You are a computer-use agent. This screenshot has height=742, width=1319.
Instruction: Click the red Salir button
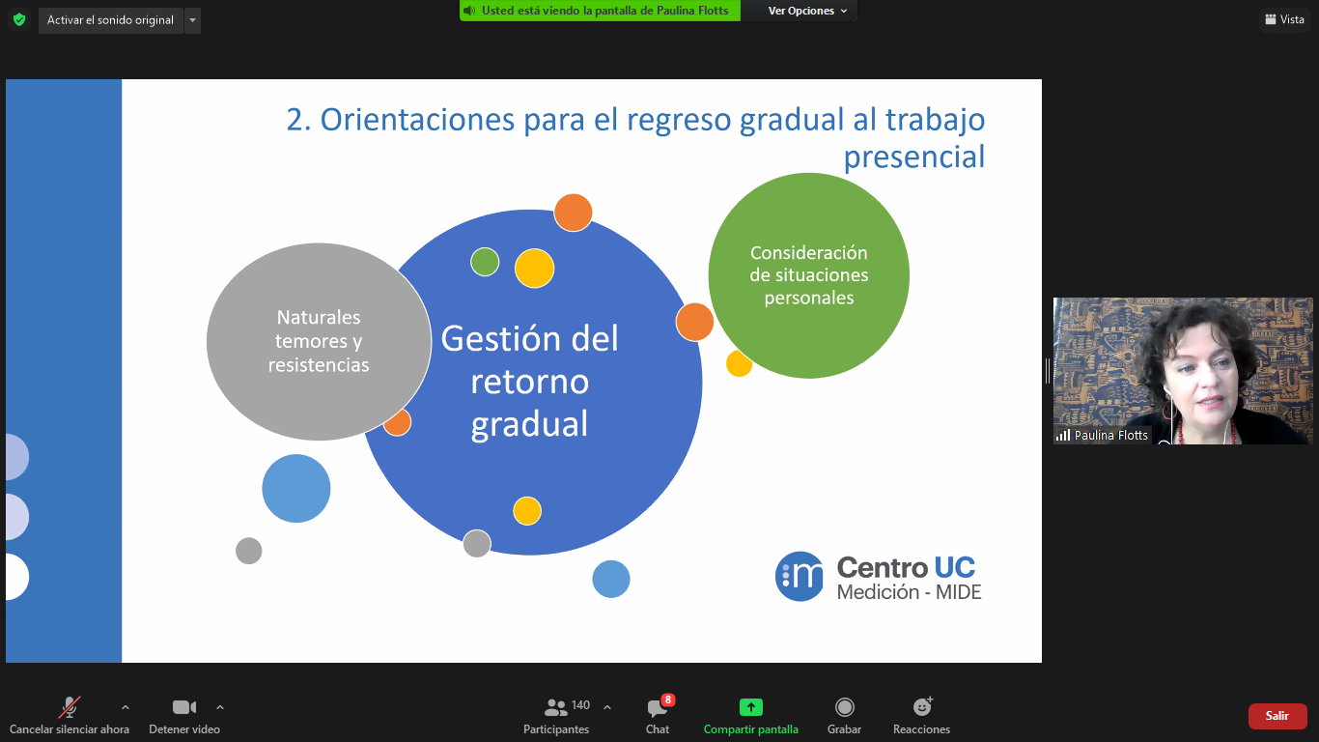click(1277, 716)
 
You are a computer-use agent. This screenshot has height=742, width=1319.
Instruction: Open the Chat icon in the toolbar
click(656, 708)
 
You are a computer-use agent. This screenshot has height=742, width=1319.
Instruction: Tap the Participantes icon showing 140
click(555, 706)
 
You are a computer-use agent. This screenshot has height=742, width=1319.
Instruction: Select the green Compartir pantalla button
click(751, 706)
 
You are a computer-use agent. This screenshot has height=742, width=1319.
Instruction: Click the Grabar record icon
click(844, 706)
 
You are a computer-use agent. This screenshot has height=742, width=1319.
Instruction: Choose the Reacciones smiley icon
click(922, 706)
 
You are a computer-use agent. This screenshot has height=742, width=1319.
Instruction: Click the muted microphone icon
click(69, 706)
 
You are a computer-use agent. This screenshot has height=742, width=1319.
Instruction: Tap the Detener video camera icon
click(184, 706)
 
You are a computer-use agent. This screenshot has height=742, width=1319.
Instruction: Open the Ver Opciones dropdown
click(807, 11)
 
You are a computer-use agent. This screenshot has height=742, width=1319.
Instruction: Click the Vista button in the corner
click(1285, 19)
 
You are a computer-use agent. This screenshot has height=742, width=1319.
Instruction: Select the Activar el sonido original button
click(111, 20)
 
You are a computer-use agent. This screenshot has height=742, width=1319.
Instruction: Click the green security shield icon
click(19, 20)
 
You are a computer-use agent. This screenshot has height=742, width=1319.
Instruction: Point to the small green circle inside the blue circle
click(485, 262)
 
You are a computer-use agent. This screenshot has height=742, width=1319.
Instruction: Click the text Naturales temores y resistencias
click(319, 341)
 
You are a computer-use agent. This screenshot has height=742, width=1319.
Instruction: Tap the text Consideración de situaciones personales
click(809, 275)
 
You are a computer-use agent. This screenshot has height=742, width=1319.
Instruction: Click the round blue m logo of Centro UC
click(800, 577)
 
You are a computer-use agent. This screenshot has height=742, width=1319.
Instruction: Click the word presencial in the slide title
click(914, 157)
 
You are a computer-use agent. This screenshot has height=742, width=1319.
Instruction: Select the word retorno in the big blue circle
click(529, 382)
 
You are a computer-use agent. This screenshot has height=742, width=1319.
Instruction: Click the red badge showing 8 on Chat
click(668, 699)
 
